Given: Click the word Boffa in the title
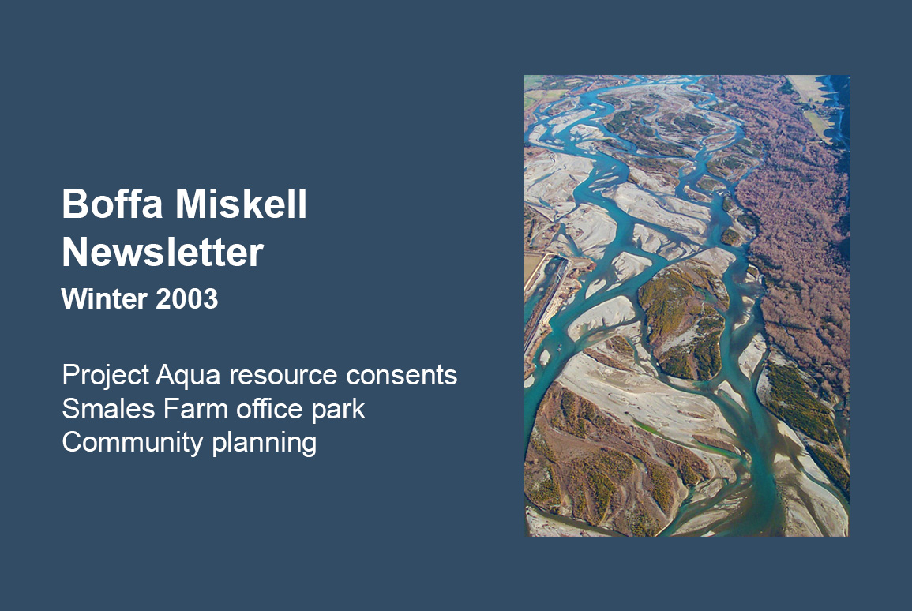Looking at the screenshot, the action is tap(112, 204).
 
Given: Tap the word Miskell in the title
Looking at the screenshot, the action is tap(241, 204).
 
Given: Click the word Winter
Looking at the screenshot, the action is tap(104, 299).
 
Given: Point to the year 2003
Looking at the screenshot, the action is tap(186, 299).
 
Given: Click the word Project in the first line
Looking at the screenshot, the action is tap(106, 376).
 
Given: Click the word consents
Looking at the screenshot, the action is tap(401, 376).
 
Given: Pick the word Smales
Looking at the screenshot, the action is tap(109, 409).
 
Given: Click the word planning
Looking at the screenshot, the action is tap(264, 443).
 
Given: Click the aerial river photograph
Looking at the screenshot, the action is tap(686, 305).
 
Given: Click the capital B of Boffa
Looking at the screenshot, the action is tap(74, 204).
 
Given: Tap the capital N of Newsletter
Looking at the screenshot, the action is tap(75, 252).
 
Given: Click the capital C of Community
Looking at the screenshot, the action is tap(73, 442).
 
